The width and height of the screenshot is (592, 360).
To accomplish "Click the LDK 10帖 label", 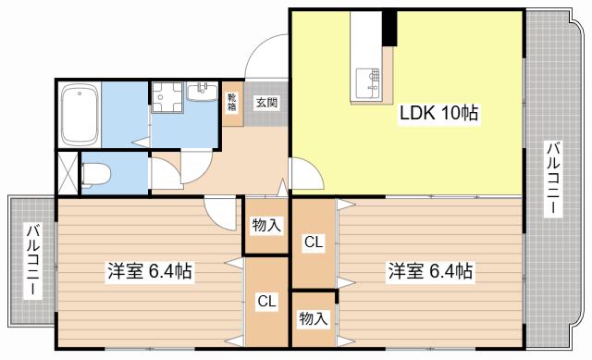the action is (438, 113).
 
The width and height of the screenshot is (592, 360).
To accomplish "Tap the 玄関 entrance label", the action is (267, 102).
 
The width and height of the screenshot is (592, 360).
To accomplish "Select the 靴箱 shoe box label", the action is (231, 102).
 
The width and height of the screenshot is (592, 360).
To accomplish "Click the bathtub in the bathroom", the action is (80, 114).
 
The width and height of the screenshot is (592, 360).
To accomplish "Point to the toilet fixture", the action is (95, 174).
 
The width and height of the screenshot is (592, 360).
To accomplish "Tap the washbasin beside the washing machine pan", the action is (203, 92).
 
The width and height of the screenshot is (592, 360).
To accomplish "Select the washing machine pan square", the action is (167, 97).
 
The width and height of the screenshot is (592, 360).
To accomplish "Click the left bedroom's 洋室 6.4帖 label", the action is (150, 271).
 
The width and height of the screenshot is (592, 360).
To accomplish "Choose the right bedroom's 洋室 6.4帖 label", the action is (430, 271).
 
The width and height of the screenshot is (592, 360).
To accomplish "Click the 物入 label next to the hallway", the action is (267, 226).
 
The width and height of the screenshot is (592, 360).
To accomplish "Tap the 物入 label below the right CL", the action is (314, 319).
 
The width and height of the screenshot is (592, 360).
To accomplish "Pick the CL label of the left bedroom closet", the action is (267, 301).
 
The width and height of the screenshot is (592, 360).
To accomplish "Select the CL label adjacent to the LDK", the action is (314, 242).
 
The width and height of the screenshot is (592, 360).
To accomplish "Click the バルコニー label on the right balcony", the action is (553, 179).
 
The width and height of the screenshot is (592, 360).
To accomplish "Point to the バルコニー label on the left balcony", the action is (32, 261).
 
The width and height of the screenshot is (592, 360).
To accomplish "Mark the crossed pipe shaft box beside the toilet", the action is (68, 173).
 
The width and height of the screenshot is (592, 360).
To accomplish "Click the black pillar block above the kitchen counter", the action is (389, 29).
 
